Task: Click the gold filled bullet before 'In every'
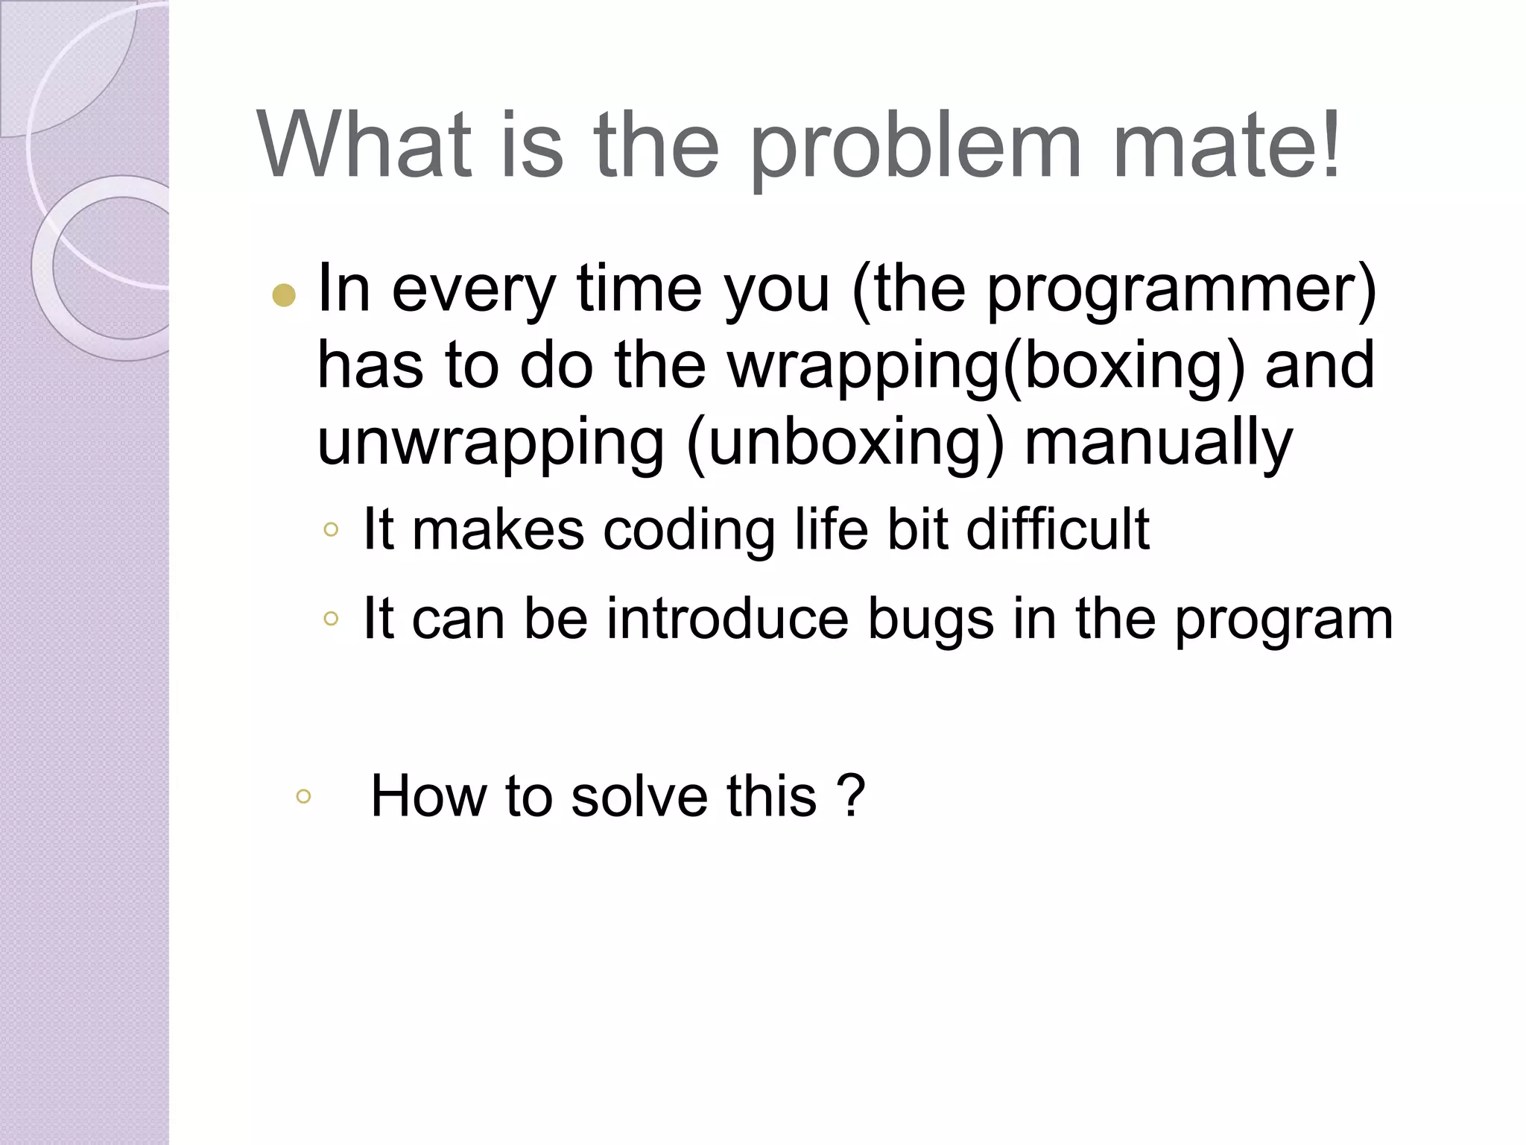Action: tap(284, 296)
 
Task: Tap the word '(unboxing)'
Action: tap(845, 443)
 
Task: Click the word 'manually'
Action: tap(1159, 444)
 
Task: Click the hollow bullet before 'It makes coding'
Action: tap(332, 530)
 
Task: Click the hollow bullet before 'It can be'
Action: tap(332, 618)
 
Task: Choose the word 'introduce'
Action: tap(727, 619)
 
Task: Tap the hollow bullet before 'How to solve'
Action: tap(303, 796)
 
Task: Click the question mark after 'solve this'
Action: tap(851, 795)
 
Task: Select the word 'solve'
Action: tap(639, 795)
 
